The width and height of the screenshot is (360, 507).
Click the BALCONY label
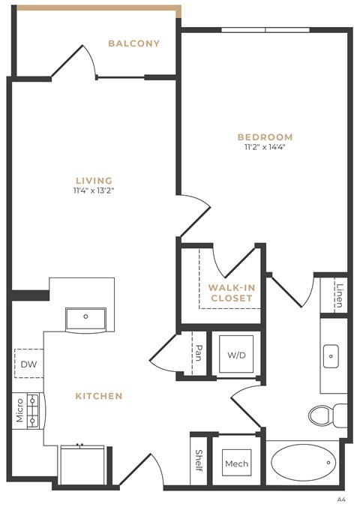(133, 43)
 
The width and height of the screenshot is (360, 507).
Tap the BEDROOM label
(265, 137)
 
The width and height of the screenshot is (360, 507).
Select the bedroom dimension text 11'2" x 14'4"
(265, 148)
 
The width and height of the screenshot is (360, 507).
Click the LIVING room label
(94, 180)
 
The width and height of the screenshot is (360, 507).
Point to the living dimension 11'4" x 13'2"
(94, 190)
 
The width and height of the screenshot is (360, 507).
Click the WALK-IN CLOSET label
(231, 292)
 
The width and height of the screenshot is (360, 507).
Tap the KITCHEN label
(98, 395)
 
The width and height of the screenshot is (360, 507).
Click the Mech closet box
(236, 463)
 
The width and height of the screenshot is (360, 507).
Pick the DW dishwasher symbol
(28, 364)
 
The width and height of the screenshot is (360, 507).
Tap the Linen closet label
(340, 294)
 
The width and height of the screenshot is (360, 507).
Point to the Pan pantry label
(199, 352)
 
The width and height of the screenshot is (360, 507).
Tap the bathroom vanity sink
(331, 355)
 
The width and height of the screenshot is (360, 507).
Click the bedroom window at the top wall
(265, 30)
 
